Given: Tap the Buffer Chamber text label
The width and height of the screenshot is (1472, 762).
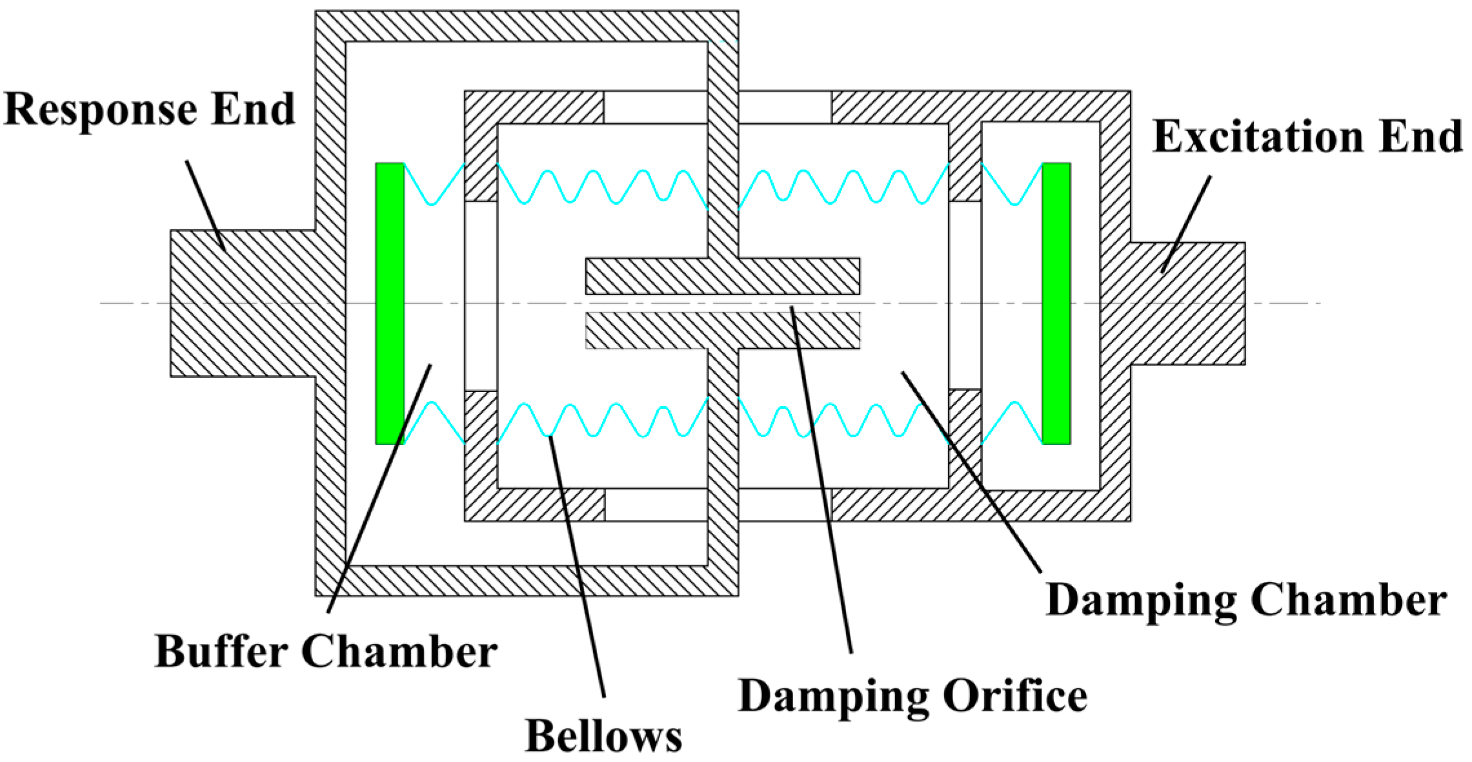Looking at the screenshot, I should [x=326, y=651].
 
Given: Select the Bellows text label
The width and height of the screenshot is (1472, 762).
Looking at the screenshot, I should [x=603, y=736].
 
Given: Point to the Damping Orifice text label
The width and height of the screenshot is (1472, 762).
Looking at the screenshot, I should [x=912, y=697].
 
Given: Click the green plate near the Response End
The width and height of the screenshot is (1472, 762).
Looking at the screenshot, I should [x=390, y=304].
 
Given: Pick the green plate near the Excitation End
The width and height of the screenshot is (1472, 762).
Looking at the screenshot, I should [x=1056, y=304].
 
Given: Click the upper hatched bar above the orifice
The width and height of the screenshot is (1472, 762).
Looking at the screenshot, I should [x=723, y=276].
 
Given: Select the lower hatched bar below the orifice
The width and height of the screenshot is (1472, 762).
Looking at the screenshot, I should [x=723, y=331].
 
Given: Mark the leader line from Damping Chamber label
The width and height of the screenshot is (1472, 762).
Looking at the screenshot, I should [x=971, y=472].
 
